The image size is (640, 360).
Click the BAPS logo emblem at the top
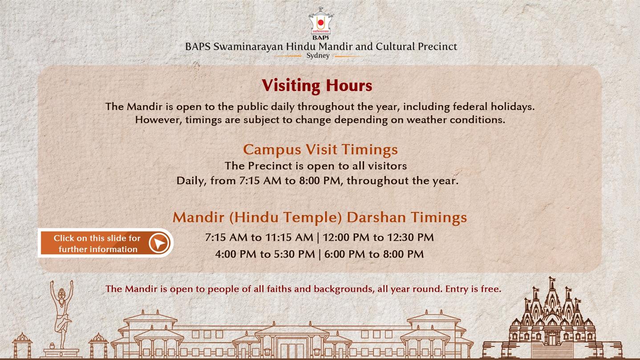320,23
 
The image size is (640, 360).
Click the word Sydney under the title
318,56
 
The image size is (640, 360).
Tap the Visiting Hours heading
317,85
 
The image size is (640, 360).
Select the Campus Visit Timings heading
320,150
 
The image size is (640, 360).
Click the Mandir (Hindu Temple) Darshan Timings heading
320,218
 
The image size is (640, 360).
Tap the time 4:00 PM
235,254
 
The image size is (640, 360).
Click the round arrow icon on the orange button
159,243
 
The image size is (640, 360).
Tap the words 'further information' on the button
98,249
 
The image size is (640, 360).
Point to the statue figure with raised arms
61,314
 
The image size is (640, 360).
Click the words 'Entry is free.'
473,289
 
